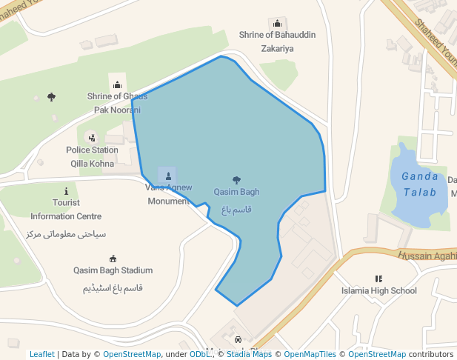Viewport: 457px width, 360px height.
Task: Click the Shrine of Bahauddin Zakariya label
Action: (x=267, y=41)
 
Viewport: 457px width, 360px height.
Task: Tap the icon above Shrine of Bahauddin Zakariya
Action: (x=277, y=23)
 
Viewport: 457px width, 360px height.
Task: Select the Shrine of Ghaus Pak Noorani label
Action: (x=117, y=103)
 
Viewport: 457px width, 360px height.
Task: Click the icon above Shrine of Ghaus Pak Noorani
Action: (x=117, y=85)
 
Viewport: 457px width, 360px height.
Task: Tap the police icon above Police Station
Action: (x=92, y=138)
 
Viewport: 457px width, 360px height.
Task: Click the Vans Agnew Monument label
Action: (x=168, y=194)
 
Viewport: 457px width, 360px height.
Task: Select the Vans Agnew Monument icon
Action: (x=168, y=176)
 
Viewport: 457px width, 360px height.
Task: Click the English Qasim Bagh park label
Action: (x=236, y=192)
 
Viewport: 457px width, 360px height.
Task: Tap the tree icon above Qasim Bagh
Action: (x=236, y=179)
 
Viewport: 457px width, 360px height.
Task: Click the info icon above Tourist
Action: (x=67, y=190)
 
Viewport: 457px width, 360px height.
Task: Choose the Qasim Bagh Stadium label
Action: (x=113, y=270)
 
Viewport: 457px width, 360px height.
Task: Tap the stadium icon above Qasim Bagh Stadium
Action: (x=113, y=259)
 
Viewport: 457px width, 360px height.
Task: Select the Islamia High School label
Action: (x=378, y=290)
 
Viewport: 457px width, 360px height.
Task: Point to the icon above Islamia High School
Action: (x=378, y=279)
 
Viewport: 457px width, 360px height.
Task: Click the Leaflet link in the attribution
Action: (x=42, y=354)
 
